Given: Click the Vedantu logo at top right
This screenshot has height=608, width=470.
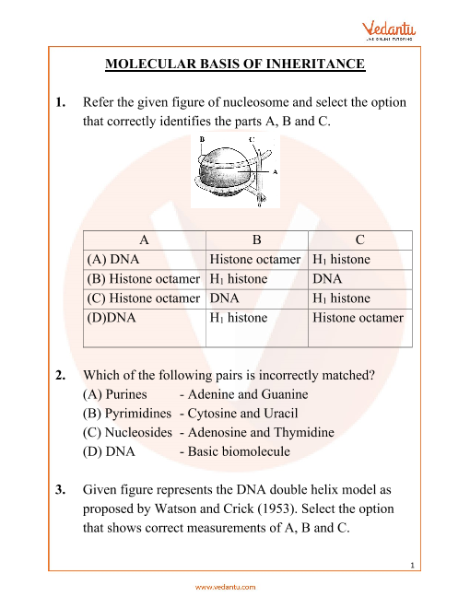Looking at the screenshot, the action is pyautogui.click(x=389, y=30).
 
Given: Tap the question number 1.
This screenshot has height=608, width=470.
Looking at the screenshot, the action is pyautogui.click(x=60, y=102).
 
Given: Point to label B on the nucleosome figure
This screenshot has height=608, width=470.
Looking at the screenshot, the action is pyautogui.click(x=202, y=139).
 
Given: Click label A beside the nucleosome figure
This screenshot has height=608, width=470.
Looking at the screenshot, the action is pyautogui.click(x=275, y=171).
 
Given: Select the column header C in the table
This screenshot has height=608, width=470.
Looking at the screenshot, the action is pyautogui.click(x=359, y=240).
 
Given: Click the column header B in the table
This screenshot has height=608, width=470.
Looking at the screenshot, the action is pyautogui.click(x=257, y=240).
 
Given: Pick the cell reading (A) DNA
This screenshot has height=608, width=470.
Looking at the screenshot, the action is pyautogui.click(x=112, y=259).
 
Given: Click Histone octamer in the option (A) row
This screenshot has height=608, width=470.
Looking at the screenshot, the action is pyautogui.click(x=255, y=259).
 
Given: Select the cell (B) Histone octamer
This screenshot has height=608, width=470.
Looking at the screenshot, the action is pyautogui.click(x=144, y=279).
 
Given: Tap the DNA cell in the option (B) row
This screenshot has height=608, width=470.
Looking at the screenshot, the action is pyautogui.click(x=327, y=279).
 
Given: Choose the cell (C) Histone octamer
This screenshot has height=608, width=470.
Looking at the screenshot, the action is pyautogui.click(x=144, y=298).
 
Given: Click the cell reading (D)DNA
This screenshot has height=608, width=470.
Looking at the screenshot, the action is pyautogui.click(x=112, y=318).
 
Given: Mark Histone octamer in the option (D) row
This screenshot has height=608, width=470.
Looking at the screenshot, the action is pyautogui.click(x=358, y=318).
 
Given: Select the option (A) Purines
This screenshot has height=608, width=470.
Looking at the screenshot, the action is pyautogui.click(x=115, y=394).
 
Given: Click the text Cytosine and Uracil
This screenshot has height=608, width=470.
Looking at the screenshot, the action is pyautogui.click(x=242, y=414).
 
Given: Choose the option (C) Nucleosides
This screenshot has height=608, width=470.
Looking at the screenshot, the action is pyautogui.click(x=127, y=432).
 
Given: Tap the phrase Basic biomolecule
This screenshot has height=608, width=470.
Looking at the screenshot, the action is pyautogui.click(x=239, y=451).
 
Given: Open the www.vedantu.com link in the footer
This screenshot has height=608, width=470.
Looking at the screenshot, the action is pyautogui.click(x=225, y=587).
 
